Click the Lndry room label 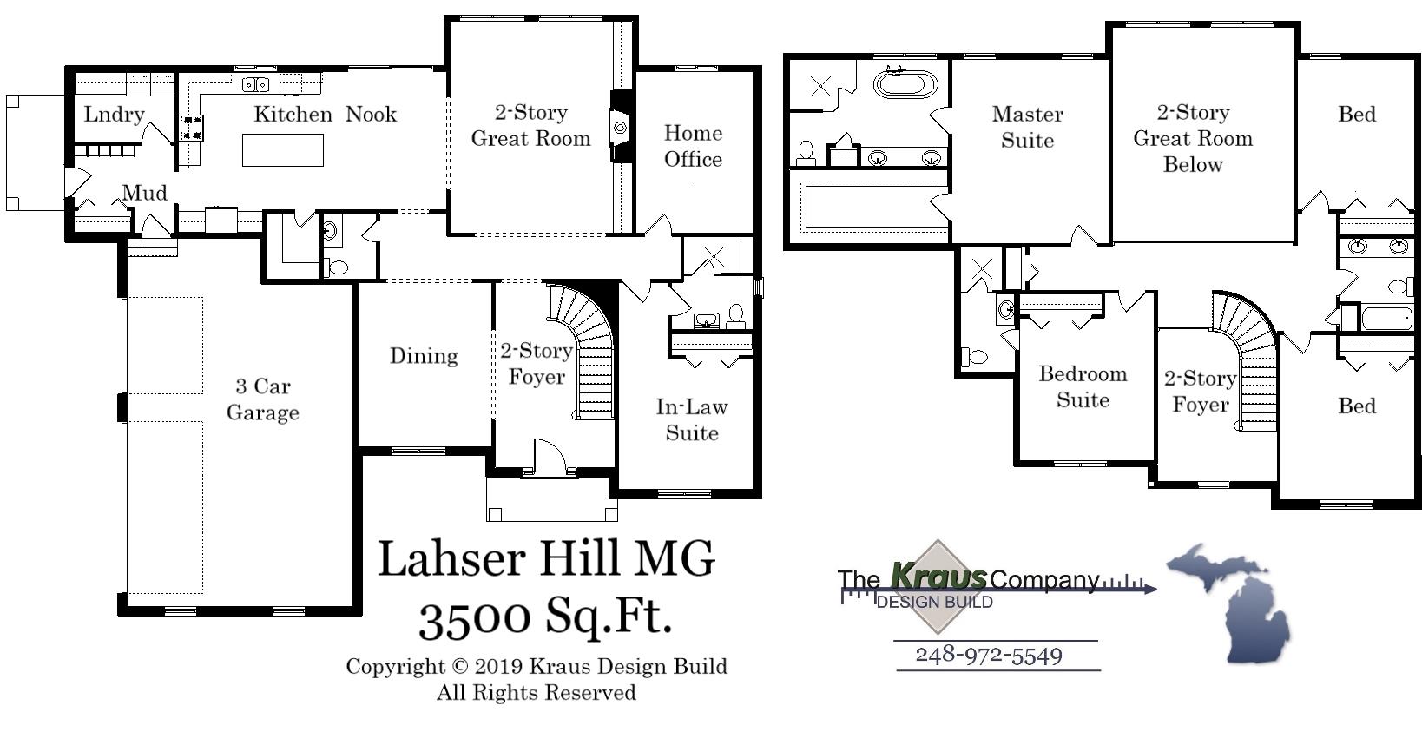pos(114,115)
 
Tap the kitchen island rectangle pos(282,150)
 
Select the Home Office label pos(693,146)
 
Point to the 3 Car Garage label pos(262,399)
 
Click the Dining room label pos(423,356)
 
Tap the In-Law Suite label pos(692,419)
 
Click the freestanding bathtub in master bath pos(905,84)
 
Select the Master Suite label pos(1027,127)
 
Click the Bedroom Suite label pos(1083,386)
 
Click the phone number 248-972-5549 pos(989,655)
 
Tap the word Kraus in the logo pos(938,576)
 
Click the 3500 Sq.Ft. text pos(545,617)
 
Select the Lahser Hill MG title pos(545,558)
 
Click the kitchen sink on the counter pos(255,84)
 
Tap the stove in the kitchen pos(192,128)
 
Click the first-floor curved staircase pos(588,347)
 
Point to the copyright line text pos(537,667)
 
